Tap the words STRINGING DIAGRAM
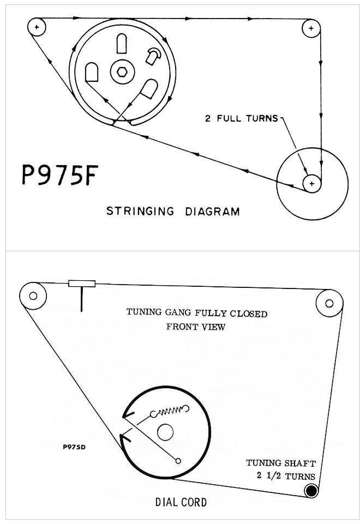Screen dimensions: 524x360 point(172,211)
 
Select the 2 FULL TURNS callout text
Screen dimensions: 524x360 point(241,118)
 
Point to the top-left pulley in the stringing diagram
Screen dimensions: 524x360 point(37,26)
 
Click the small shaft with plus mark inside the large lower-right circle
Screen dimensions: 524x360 point(311,184)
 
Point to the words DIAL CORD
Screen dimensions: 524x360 point(182,502)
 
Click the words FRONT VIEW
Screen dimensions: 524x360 point(196,327)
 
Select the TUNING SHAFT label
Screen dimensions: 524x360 point(281,463)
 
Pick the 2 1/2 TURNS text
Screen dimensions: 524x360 point(286,475)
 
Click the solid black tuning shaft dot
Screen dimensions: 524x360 point(311,491)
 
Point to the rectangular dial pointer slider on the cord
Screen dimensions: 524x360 point(82,284)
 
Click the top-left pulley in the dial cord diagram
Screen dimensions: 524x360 point(33,296)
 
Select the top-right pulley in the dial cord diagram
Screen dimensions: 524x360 point(329,302)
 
